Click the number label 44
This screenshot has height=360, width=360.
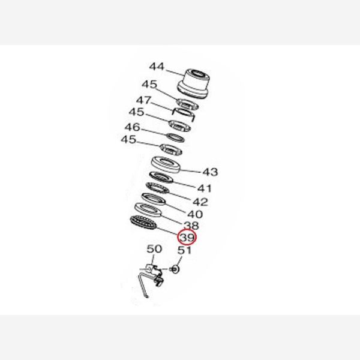(157, 67)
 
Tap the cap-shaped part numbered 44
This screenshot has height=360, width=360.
(194, 83)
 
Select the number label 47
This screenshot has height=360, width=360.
(144, 100)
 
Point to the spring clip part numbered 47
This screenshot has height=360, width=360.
(184, 114)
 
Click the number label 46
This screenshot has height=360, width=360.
(132, 127)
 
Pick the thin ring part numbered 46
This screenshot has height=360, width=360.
(175, 138)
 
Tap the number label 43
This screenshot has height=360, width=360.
(210, 172)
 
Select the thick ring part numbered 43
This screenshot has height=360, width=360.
(166, 164)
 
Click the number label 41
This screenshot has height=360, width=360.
(205, 188)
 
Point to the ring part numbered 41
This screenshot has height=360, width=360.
(161, 177)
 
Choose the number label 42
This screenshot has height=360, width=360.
(200, 202)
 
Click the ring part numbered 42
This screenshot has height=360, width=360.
(157, 188)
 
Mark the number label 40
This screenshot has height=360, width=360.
(195, 214)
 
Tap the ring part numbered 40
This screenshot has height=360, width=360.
(154, 199)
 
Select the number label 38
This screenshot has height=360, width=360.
(191, 226)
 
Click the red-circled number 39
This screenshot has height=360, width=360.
(187, 237)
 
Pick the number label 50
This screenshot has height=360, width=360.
(154, 248)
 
